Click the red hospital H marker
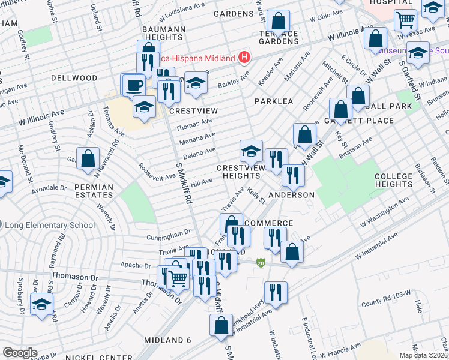point(244,58)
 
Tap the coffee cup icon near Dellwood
point(134,85)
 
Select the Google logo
point(20,353)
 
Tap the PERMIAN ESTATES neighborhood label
point(94,191)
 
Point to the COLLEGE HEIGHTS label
point(394,181)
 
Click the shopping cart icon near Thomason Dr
point(178,278)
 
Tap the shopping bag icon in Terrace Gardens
point(279,22)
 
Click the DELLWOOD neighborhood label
point(74,78)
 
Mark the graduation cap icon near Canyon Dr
point(41,304)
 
